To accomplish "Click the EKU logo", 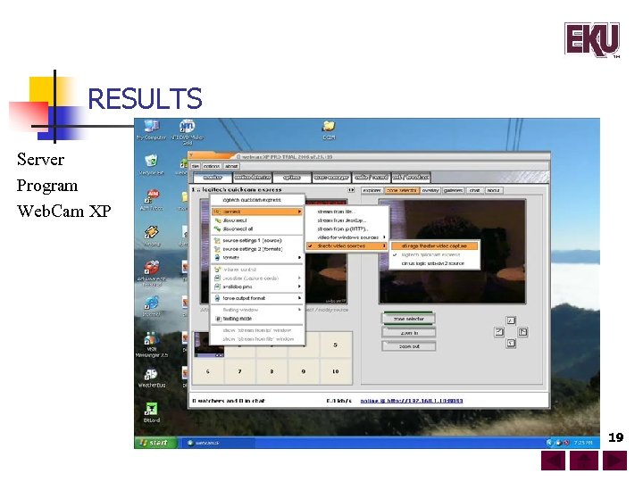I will pyautogui.click(x=590, y=40).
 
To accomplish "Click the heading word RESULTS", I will pyautogui.click(x=145, y=98).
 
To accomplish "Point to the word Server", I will pyautogui.click(x=40, y=160).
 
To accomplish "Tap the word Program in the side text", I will pyautogui.click(x=46, y=186).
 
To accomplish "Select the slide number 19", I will pyautogui.click(x=615, y=437).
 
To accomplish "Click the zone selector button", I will pyautogui.click(x=408, y=319).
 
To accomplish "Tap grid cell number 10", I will pyautogui.click(x=335, y=370).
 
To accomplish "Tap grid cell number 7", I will pyautogui.click(x=240, y=370).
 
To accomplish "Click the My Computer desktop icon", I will pyautogui.click(x=150, y=130).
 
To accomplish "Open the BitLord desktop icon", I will pyautogui.click(x=151, y=411).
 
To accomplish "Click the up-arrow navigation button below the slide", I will pyautogui.click(x=584, y=461).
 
